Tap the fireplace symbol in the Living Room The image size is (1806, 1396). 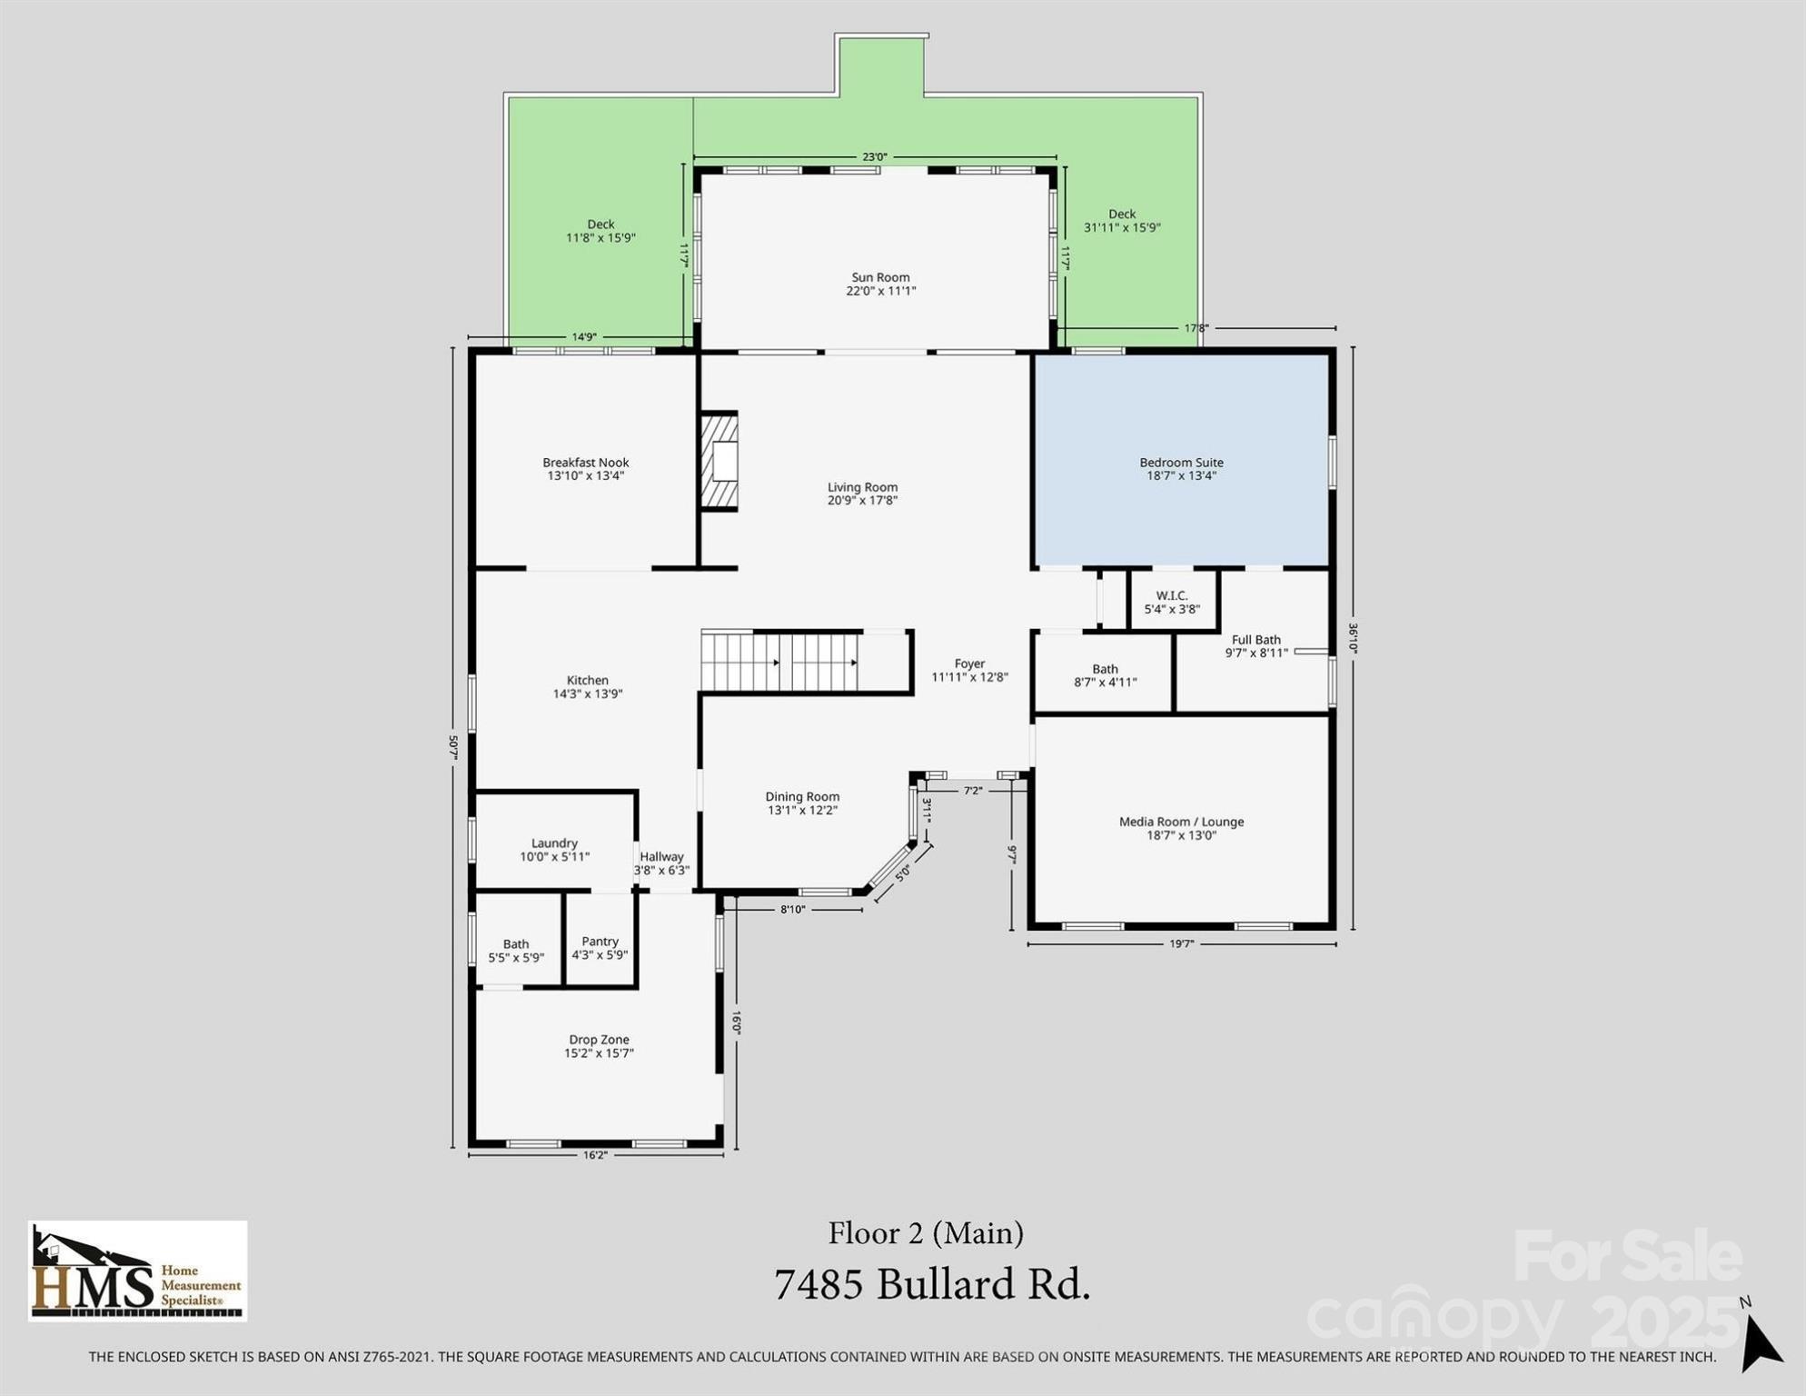tap(719, 461)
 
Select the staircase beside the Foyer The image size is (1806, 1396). tap(780, 662)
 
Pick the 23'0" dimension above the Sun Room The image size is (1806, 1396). tap(875, 156)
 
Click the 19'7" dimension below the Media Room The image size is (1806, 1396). tap(1181, 944)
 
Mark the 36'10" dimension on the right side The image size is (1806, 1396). tap(1353, 638)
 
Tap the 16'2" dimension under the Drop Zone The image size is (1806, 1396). tap(595, 1155)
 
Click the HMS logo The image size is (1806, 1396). tap(138, 1271)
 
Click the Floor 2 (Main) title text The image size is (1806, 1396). tap(926, 1233)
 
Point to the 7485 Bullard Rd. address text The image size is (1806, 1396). tap(932, 1285)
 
